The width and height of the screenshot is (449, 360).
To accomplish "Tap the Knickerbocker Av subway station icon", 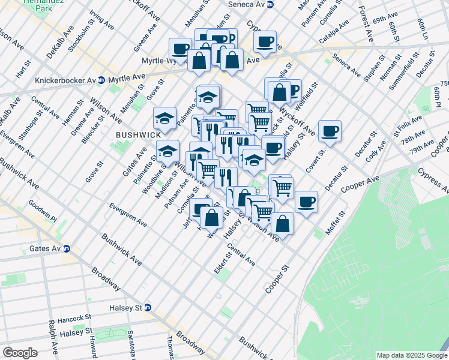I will pyautogui.click(x=101, y=80).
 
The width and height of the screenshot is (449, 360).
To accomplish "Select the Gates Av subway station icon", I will pyautogui.click(x=67, y=248).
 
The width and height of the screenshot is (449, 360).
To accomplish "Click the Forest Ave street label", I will pyautogui.click(x=365, y=24).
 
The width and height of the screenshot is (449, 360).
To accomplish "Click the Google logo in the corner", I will pyautogui.click(x=20, y=353).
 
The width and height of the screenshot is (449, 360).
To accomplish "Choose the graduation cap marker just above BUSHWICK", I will pyautogui.click(x=164, y=118).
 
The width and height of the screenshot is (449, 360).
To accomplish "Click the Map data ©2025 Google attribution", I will pyautogui.click(x=411, y=355).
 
